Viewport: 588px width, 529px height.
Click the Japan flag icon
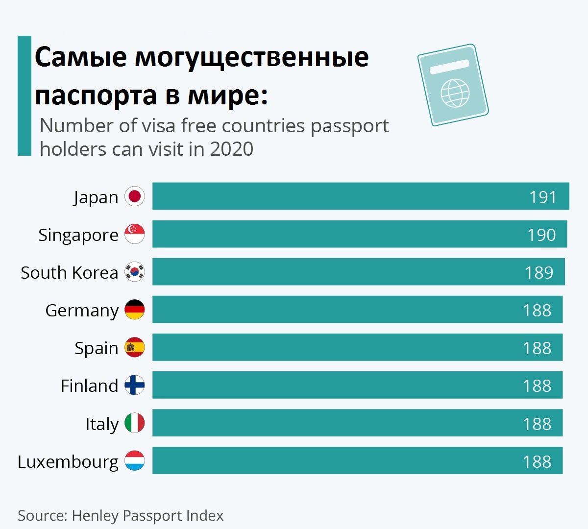[134, 196]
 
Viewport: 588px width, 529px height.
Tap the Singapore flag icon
[134, 234]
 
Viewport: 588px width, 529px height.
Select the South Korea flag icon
[134, 272]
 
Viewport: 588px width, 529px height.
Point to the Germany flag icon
[134, 310]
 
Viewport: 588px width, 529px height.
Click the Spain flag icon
[134, 347]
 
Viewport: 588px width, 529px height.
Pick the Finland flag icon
[134, 385]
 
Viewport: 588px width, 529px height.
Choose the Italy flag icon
[134, 423]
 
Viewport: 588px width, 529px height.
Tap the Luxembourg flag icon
[134, 461]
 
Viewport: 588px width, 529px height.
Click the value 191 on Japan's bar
[543, 197]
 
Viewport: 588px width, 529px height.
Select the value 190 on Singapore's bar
[541, 235]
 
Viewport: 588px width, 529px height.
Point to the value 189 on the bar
[539, 273]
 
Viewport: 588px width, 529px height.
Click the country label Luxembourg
[68, 462]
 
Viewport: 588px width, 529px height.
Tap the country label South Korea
[69, 273]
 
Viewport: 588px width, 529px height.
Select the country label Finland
[89, 386]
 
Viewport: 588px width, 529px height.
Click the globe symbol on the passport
[455, 93]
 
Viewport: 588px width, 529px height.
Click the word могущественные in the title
[252, 58]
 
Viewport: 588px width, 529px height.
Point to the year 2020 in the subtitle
[231, 149]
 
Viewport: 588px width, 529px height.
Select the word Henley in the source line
[96, 516]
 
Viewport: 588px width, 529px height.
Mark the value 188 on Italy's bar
[537, 424]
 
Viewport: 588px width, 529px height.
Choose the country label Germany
[82, 311]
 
